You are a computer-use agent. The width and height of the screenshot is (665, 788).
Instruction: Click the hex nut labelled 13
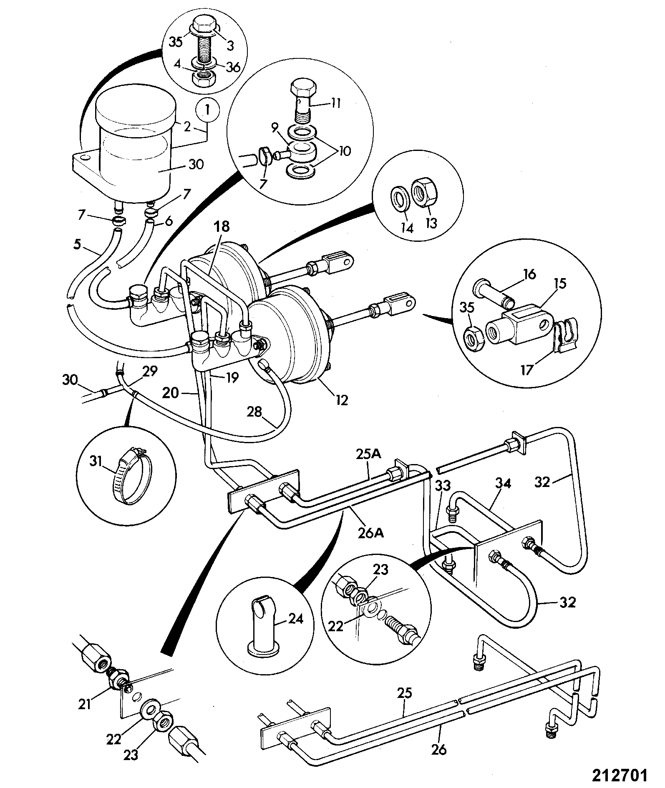click(x=425, y=193)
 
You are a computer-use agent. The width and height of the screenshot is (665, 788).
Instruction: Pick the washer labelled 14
click(x=400, y=198)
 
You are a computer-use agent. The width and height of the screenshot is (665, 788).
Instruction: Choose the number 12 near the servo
click(x=342, y=400)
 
